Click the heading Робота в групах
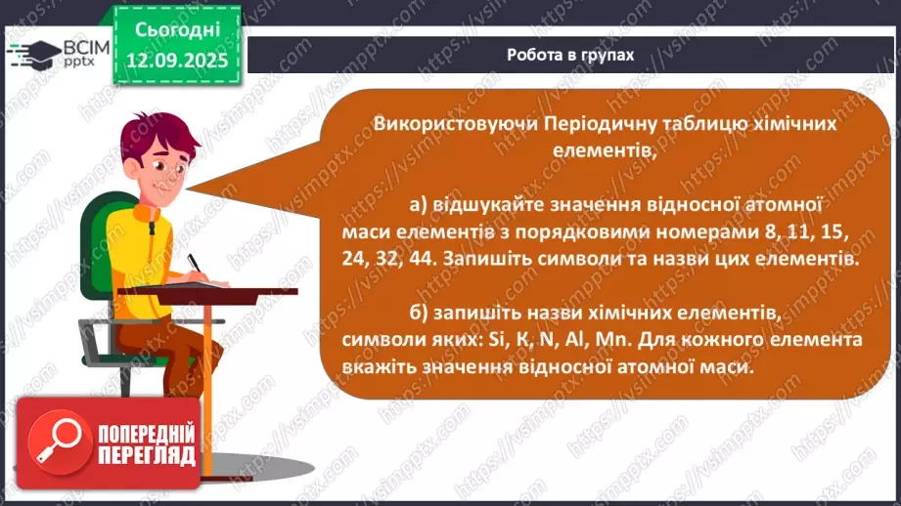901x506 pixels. tap(570, 55)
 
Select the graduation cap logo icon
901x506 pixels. tap(34, 52)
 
